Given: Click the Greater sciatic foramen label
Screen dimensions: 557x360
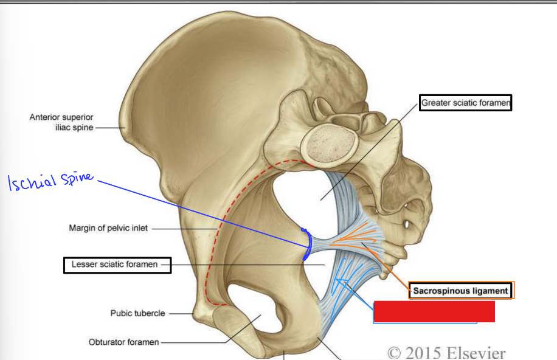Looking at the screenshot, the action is click(466, 103).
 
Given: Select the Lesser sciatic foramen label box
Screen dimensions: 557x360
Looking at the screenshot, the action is click(117, 265).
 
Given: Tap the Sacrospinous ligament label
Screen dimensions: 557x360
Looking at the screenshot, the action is click(461, 291).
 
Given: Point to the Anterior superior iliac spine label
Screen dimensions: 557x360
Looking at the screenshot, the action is click(61, 122).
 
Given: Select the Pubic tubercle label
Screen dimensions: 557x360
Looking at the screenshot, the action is click(137, 314).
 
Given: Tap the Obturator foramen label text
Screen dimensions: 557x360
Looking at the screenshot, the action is click(123, 342).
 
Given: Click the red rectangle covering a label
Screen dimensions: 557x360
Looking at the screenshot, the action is click(434, 311).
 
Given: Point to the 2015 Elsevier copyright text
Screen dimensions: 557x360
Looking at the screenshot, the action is click(446, 352).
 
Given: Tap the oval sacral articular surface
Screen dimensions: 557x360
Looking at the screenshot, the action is click(329, 145).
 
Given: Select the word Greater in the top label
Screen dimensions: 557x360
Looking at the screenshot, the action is click(436, 103).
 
